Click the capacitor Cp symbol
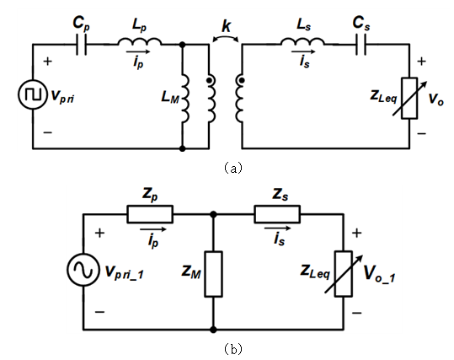coord(81,45)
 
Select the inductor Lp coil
coord(139,41)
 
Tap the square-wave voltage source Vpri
coord(33,94)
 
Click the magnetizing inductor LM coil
coord(184,98)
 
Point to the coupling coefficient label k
coord(226,26)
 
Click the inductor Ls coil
coord(302,41)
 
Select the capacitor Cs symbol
coord(361,45)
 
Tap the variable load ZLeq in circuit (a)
coord(409,98)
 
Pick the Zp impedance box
coord(150,214)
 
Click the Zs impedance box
coord(277,214)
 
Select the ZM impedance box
coord(213,274)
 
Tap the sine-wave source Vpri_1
coord(83,270)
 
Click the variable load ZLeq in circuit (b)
coord(344,274)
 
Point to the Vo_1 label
coord(379,274)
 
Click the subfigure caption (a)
coord(233,168)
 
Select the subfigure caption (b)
coord(233,349)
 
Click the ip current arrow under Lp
coord(138,52)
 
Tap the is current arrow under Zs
coord(278,228)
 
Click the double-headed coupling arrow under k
coord(226,37)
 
